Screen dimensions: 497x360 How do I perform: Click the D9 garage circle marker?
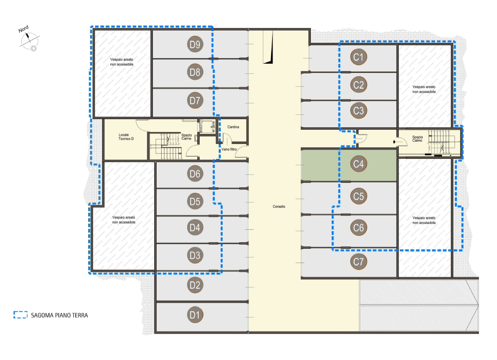click(195, 44)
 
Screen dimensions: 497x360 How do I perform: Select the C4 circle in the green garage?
click(358, 164)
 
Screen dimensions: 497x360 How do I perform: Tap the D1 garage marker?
click(195, 315)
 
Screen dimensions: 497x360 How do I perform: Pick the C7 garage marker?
click(358, 262)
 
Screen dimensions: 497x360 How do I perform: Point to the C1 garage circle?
click(358, 57)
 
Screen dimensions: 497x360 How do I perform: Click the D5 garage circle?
click(195, 201)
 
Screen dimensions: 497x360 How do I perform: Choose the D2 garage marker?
click(195, 285)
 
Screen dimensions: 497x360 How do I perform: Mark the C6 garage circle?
click(358, 228)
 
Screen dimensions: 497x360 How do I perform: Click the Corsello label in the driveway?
click(279, 206)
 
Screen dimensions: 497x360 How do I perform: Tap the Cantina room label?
click(233, 127)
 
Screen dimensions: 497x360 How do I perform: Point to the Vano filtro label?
click(229, 149)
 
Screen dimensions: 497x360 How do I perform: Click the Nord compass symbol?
click(29, 39)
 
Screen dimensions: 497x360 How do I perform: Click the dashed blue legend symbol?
click(21, 315)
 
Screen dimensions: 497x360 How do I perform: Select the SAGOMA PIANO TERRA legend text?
click(59, 315)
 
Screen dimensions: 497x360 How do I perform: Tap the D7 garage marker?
click(195, 100)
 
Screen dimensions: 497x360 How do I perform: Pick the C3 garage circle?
click(358, 110)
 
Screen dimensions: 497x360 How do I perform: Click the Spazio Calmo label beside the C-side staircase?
click(417, 138)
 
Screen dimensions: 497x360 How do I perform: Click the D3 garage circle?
click(195, 255)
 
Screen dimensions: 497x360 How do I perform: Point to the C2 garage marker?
click(358, 84)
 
